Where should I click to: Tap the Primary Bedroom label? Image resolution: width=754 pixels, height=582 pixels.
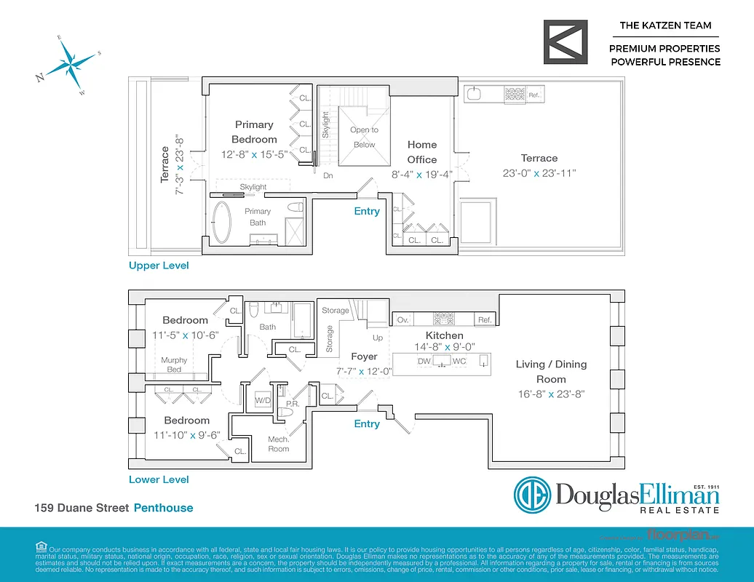tap(254, 132)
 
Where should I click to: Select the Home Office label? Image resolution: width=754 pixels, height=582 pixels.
tap(422, 152)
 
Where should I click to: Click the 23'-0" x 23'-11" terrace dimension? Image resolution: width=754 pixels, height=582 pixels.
tap(539, 174)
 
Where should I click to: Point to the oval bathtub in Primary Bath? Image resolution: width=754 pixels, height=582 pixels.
tap(221, 221)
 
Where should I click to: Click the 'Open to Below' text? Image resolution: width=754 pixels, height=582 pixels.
tap(364, 137)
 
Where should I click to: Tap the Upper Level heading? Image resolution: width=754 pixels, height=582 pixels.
tap(159, 266)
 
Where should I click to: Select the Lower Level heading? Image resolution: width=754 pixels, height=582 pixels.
tap(159, 479)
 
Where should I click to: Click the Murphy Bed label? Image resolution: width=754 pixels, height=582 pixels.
tap(174, 364)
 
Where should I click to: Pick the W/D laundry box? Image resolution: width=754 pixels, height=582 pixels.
tap(262, 401)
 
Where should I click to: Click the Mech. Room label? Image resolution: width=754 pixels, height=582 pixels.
tap(279, 444)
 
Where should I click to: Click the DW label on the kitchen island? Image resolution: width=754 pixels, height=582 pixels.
tap(424, 361)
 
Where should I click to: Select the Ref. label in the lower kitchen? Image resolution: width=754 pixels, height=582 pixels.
tap(485, 320)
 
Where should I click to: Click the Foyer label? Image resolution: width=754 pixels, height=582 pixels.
tap(364, 356)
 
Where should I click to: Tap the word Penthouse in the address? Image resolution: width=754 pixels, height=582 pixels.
tap(164, 508)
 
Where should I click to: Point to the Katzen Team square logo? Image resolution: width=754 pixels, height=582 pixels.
tap(566, 42)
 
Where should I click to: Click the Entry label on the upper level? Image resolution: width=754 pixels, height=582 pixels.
tap(367, 211)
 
